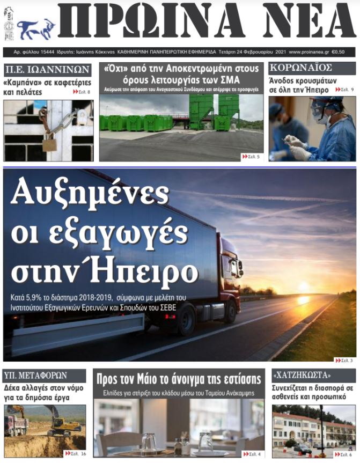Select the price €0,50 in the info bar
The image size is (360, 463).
(339, 52)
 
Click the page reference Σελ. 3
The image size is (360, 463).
(345, 360)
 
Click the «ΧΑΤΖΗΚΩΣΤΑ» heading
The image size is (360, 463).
(302, 374)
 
